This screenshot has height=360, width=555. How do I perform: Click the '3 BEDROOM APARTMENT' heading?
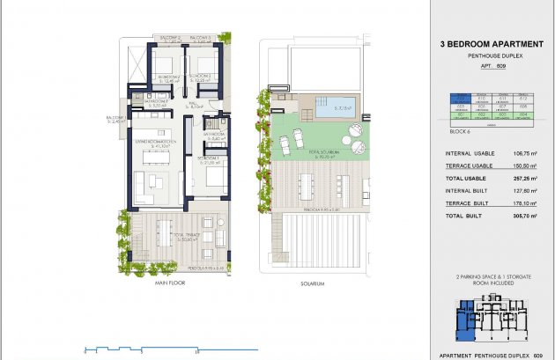pyautogui.click(x=485, y=41)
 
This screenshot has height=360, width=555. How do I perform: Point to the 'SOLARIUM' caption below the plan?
pyautogui.click(x=313, y=283)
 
